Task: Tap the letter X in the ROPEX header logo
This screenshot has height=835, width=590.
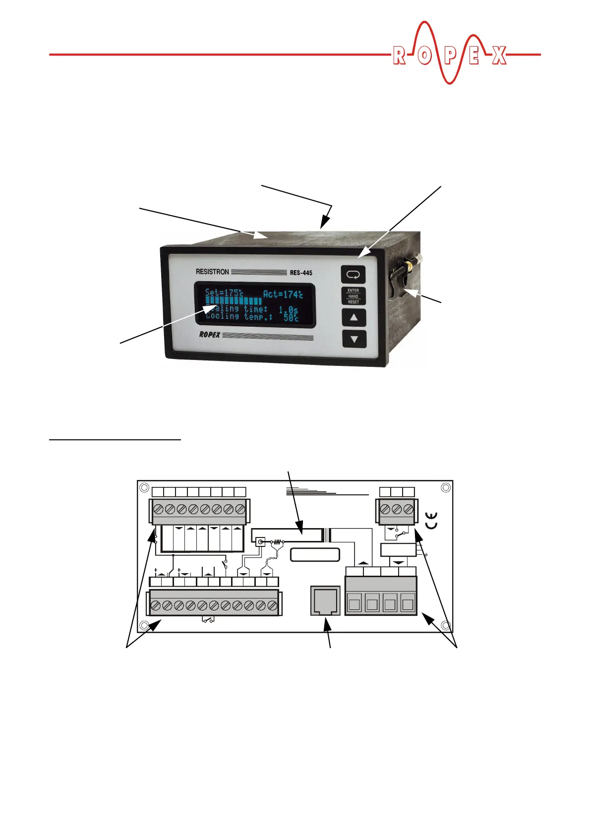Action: (499, 56)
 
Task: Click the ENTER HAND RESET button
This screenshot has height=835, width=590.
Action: (353, 296)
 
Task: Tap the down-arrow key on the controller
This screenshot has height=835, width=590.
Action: (354, 340)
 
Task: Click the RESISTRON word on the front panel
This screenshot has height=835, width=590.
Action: (212, 272)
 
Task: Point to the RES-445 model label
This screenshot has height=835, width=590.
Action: (301, 273)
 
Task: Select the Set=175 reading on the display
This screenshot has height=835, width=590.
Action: (224, 293)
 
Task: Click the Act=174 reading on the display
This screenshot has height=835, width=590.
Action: (283, 294)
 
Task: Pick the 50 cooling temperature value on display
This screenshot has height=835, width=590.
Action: (291, 317)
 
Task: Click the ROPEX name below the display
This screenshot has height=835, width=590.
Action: (210, 335)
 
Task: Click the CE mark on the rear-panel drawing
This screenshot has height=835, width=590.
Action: (432, 520)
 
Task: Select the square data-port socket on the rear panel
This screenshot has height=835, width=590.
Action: (325, 600)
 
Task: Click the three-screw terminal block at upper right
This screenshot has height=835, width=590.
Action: (397, 510)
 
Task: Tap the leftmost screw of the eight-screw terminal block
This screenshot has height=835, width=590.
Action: (159, 509)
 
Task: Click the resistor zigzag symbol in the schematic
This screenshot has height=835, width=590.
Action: (278, 542)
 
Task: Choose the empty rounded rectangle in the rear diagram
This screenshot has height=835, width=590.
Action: (315, 554)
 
